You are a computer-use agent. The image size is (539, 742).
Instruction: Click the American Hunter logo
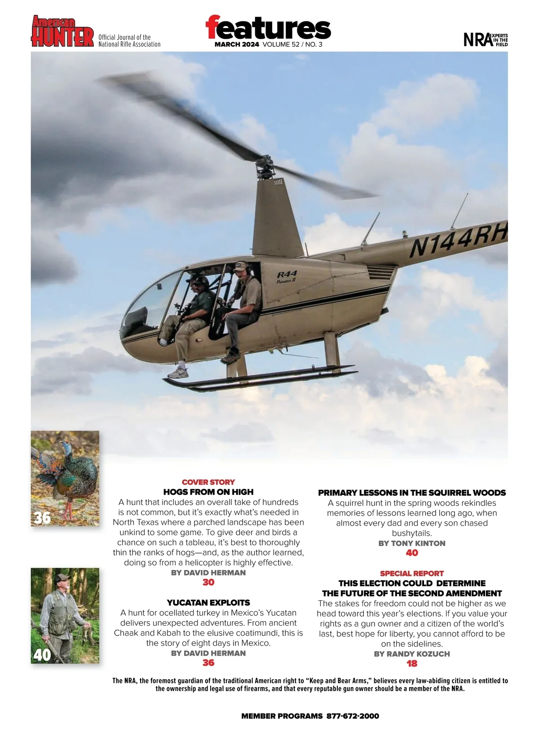(x=62, y=31)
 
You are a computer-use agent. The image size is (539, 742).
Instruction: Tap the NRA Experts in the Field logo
(x=485, y=40)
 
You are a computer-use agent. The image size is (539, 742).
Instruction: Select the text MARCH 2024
(x=237, y=44)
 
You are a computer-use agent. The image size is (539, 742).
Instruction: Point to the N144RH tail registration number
(x=458, y=240)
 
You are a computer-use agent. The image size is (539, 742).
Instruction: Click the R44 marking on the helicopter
(x=287, y=274)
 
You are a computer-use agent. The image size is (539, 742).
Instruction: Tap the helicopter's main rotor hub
(x=265, y=168)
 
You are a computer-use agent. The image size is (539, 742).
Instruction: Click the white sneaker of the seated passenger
(x=178, y=372)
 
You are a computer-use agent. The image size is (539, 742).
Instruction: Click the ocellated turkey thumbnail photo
(x=65, y=478)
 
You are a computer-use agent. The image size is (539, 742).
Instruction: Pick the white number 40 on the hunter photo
(x=42, y=655)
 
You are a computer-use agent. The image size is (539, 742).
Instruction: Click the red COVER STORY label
(x=208, y=482)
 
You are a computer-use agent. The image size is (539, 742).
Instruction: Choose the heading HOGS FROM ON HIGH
(x=208, y=492)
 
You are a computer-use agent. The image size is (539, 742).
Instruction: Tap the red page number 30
(x=208, y=582)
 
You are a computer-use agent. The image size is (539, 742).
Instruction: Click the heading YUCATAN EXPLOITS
(x=208, y=603)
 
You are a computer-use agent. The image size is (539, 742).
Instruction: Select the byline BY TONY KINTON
(x=412, y=543)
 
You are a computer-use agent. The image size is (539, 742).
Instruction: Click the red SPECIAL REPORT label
(x=412, y=574)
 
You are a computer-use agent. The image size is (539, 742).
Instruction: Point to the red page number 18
(x=412, y=663)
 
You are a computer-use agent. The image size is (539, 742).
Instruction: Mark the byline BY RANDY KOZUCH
(x=412, y=654)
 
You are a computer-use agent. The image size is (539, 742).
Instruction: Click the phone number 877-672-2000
(x=353, y=716)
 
